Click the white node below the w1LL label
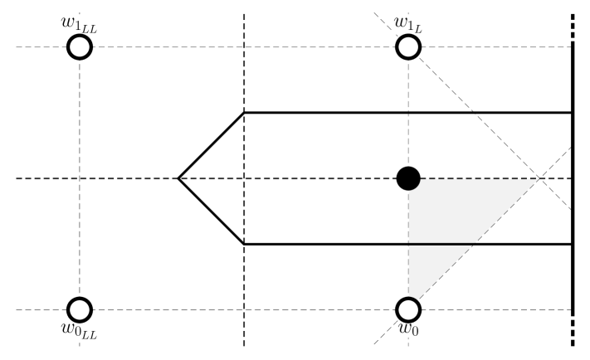80,47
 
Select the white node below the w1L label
408,47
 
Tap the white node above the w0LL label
80,309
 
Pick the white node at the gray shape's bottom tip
408,309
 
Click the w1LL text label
80,26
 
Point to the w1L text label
408,26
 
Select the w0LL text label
80,331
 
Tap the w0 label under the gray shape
408,329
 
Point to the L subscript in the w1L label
419,29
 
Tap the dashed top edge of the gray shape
481,178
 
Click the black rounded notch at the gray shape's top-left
412,182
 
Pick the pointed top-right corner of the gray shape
537,180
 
